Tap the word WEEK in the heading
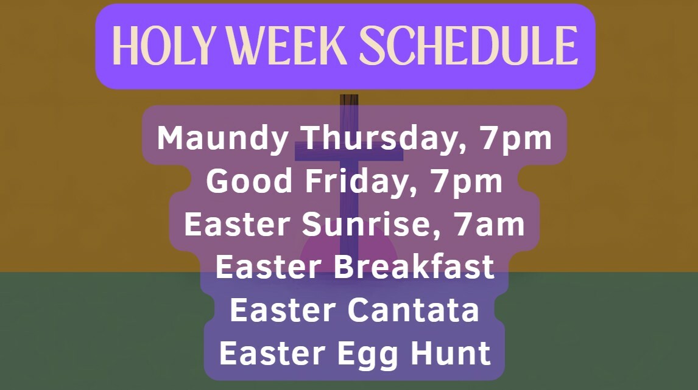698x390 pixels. [x=287, y=46]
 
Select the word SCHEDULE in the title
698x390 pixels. [x=469, y=46]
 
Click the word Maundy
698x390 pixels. [x=222, y=139]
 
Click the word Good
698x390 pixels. [x=249, y=181]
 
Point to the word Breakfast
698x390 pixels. [x=414, y=267]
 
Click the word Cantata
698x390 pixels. [x=413, y=310]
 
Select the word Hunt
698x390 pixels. [x=451, y=353]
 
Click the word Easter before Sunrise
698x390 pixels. [x=238, y=225]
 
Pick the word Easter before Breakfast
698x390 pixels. [x=269, y=267]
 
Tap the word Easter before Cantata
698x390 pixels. [x=283, y=310]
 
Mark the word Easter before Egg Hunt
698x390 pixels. [x=272, y=353]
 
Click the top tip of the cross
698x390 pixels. [x=349, y=95]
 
